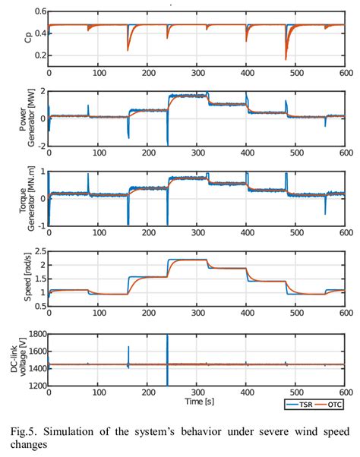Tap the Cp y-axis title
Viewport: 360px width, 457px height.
point(18,39)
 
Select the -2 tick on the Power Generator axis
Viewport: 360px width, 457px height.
point(39,145)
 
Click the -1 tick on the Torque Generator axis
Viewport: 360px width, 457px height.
point(39,225)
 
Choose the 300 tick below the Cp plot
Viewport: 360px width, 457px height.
point(196,74)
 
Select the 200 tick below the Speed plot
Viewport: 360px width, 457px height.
point(147,314)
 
